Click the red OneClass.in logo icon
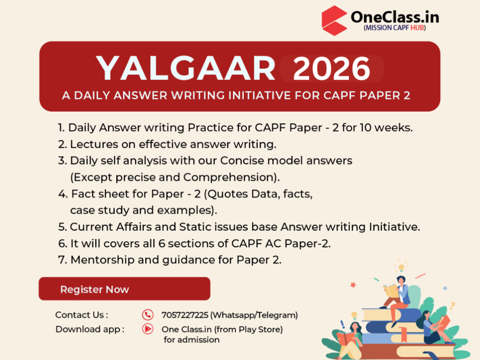coord(334,21)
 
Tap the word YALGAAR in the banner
coord(186,68)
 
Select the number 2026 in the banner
coord(331,68)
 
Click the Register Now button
coord(124,289)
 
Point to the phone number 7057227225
coord(185,315)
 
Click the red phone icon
coord(148,315)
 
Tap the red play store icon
coord(148,329)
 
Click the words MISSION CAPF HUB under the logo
coord(395,28)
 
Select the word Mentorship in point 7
coord(102,260)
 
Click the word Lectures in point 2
coord(94,144)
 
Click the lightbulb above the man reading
coord(401,267)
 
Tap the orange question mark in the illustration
coord(452,305)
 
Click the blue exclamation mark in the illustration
coord(343,324)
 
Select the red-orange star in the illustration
coord(353,285)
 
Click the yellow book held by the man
coord(390,291)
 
